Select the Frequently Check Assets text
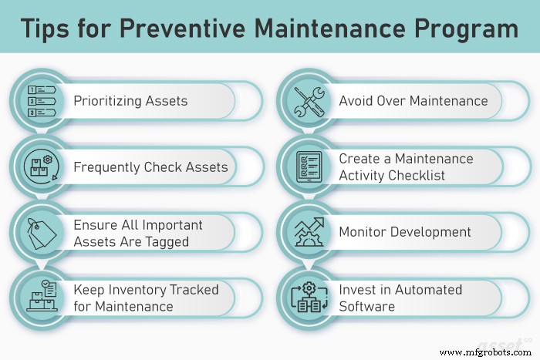click(x=150, y=167)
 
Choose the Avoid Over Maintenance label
click(x=413, y=101)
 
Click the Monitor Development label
click(x=405, y=232)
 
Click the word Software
click(x=366, y=306)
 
